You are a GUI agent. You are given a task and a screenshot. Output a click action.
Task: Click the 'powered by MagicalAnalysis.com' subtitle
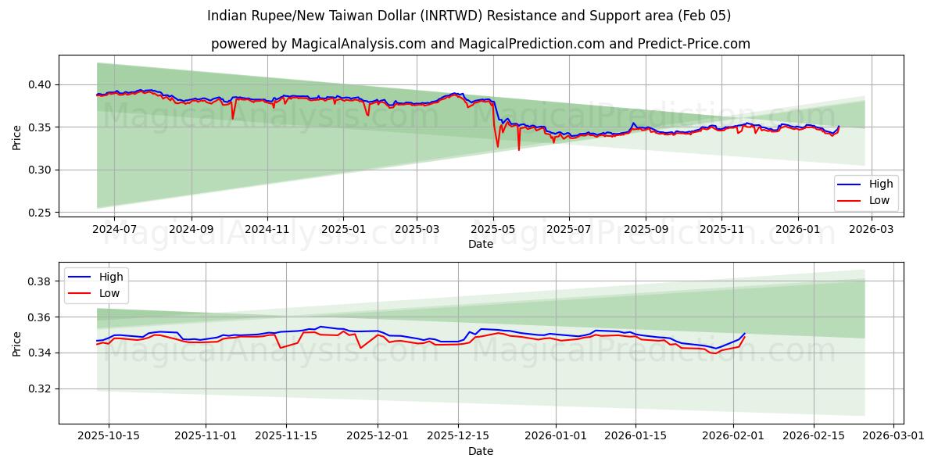(x=480, y=44)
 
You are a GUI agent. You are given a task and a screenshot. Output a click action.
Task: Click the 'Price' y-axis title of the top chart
(x=17, y=138)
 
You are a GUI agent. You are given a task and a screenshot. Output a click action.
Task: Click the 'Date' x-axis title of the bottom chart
(x=480, y=451)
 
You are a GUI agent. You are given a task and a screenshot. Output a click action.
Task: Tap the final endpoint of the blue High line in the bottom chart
(x=745, y=334)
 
